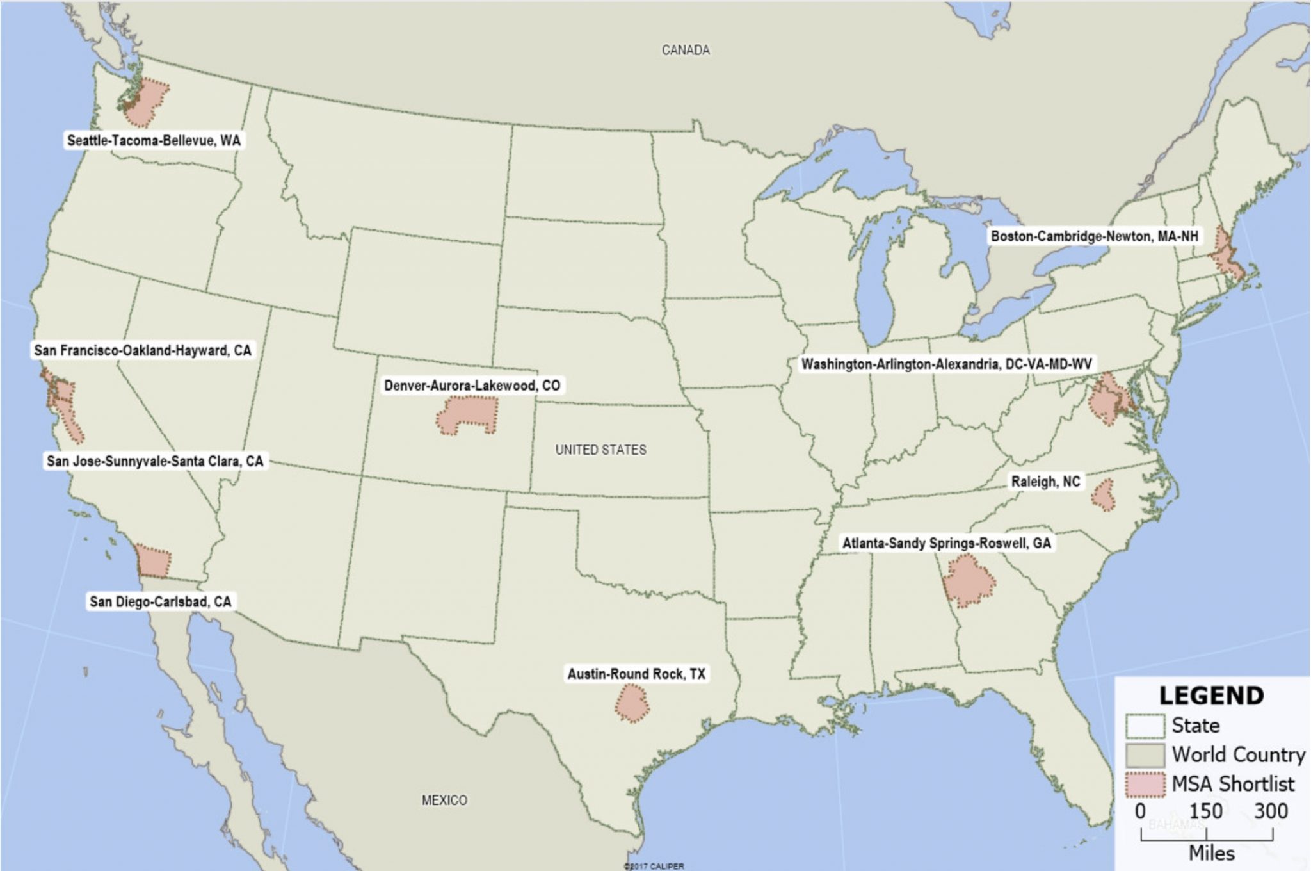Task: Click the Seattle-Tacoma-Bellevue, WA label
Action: point(154,140)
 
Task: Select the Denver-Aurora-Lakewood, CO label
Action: point(472,386)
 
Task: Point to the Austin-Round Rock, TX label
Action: point(636,674)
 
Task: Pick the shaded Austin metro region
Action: point(632,703)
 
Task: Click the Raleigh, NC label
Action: point(1045,482)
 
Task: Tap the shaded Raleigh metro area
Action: point(1104,495)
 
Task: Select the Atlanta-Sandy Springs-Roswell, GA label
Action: point(946,543)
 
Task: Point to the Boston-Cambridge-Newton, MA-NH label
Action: point(1094,236)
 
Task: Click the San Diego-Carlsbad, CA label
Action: point(160,601)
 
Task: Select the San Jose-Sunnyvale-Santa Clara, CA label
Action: point(155,461)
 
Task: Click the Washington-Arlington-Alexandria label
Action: point(946,364)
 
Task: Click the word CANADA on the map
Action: point(686,50)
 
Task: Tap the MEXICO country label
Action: point(444,800)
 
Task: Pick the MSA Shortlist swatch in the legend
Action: point(1145,785)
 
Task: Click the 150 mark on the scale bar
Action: point(1205,811)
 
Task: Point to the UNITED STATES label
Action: point(600,450)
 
